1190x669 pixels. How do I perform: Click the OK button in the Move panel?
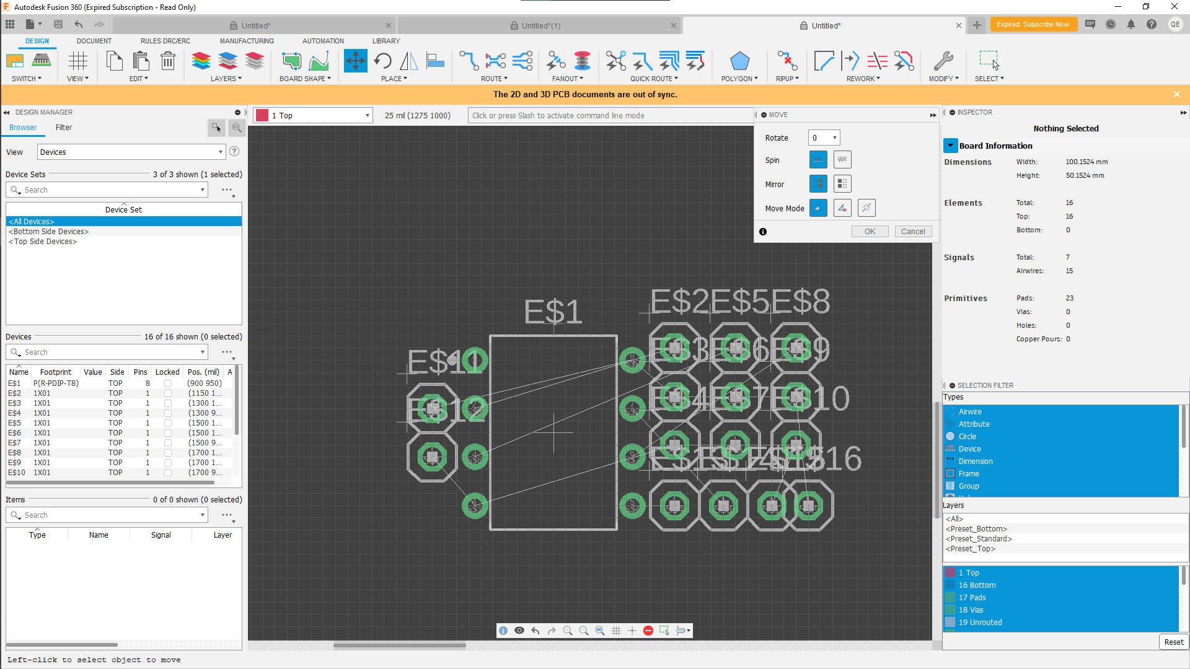pyautogui.click(x=870, y=232)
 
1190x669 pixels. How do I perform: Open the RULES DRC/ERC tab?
pyautogui.click(x=165, y=41)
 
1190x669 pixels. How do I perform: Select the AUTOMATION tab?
pyautogui.click(x=323, y=41)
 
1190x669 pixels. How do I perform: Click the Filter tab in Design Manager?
pyautogui.click(x=64, y=128)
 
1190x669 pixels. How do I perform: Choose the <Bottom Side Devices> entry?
pyautogui.click(x=49, y=232)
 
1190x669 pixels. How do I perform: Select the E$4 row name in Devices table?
pyautogui.click(x=14, y=413)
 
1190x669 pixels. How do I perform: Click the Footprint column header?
pyautogui.click(x=56, y=372)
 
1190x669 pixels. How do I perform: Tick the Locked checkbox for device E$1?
pyautogui.click(x=168, y=383)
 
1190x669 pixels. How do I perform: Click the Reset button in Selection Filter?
pyautogui.click(x=1173, y=642)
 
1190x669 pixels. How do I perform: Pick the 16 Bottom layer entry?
pyautogui.click(x=977, y=585)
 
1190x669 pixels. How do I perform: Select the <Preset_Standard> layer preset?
pyautogui.click(x=979, y=539)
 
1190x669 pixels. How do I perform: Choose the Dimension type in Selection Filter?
pyautogui.click(x=976, y=461)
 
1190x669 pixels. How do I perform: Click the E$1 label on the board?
pyautogui.click(x=553, y=312)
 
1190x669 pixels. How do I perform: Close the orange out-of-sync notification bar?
pyautogui.click(x=1176, y=94)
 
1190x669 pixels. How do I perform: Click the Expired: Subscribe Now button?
pyautogui.click(x=1033, y=25)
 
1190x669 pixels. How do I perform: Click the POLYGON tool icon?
pyautogui.click(x=739, y=61)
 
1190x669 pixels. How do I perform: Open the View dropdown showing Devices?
pyautogui.click(x=131, y=152)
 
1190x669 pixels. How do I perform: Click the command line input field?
pyautogui.click(x=610, y=116)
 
